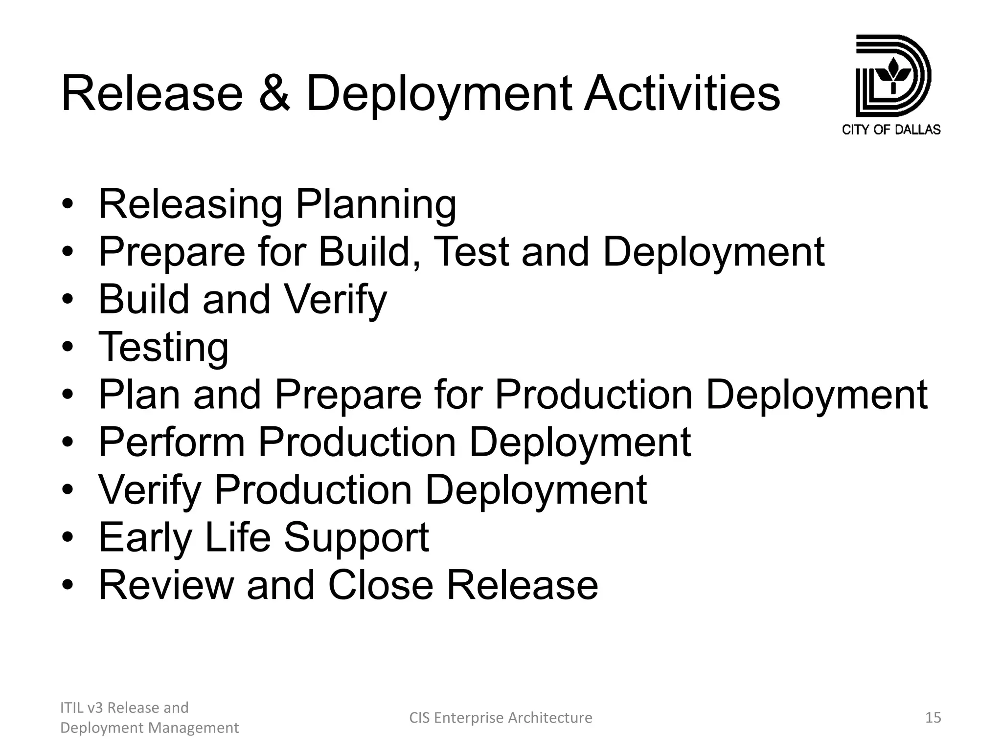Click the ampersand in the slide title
[x=274, y=93]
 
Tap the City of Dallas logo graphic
[x=892, y=76]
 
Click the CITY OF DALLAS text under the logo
[x=891, y=130]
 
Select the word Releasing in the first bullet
[x=190, y=204]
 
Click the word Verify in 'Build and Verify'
[x=335, y=300]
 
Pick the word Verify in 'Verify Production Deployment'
[x=150, y=490]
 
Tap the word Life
[x=238, y=537]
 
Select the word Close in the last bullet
[x=381, y=585]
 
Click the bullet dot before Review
[x=68, y=585]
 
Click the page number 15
[x=933, y=717]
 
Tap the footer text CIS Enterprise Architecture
[x=501, y=717]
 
